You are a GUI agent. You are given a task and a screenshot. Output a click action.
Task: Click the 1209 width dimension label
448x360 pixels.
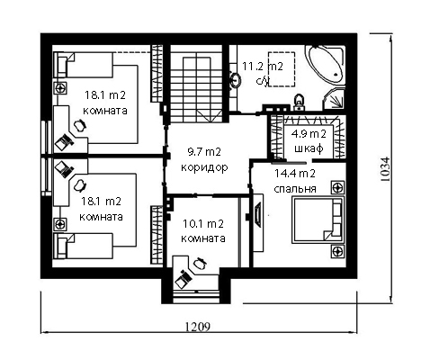[198, 327]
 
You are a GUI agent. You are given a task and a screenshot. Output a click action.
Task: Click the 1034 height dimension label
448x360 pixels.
[385, 169]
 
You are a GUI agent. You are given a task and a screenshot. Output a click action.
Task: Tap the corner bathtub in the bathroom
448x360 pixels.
[326, 66]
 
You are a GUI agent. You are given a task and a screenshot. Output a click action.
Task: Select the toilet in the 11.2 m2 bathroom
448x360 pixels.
[299, 102]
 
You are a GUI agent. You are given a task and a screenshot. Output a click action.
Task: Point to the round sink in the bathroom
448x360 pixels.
[235, 80]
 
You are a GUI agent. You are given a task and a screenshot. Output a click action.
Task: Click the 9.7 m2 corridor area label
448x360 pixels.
[204, 152]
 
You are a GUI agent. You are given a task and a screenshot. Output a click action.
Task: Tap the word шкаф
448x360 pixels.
[309, 148]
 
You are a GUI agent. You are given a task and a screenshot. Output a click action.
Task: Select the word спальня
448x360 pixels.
[295, 189]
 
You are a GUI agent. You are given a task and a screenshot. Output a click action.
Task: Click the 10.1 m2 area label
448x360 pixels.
[203, 223]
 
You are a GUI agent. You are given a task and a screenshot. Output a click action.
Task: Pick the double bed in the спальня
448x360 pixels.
[318, 220]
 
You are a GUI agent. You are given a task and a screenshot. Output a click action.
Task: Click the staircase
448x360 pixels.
[196, 84]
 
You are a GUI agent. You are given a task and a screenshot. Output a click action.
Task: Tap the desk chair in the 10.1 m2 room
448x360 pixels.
[200, 263]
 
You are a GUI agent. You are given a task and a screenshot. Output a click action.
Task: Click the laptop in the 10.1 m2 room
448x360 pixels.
[184, 279]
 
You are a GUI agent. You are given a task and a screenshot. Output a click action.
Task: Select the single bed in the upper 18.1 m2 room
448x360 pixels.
[84, 65]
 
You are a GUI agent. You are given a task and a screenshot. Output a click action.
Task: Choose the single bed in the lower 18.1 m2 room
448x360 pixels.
[83, 246]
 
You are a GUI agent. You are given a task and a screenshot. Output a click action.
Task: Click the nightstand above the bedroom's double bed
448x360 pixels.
[338, 188]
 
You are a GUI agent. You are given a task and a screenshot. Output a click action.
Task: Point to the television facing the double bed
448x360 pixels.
[257, 214]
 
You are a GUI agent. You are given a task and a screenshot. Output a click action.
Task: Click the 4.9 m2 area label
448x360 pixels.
[309, 134]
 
